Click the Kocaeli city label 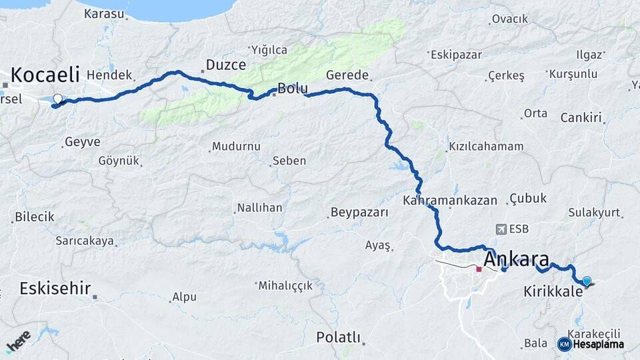(45, 74)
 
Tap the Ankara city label (517, 259)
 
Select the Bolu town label (292, 88)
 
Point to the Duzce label (225, 65)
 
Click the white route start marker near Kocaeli (57, 99)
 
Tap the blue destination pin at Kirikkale (587, 281)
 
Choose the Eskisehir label (55, 289)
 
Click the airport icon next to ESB (501, 229)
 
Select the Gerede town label (347, 75)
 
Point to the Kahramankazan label (450, 200)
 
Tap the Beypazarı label (359, 213)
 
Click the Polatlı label (338, 337)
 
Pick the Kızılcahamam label (486, 147)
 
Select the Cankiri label (581, 118)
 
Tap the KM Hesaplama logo (591, 344)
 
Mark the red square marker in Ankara (479, 269)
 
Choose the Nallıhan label (261, 208)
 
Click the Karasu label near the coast (104, 13)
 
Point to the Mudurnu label (236, 147)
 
